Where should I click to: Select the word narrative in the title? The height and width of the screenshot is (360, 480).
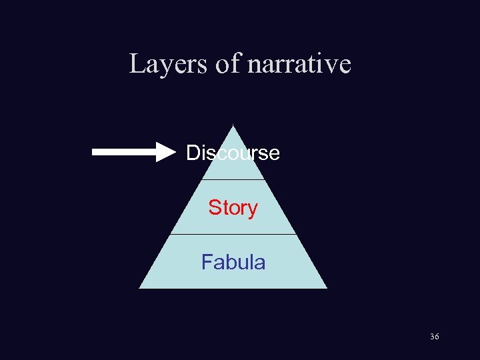[299, 64]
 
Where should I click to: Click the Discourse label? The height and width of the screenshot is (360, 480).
[233, 153]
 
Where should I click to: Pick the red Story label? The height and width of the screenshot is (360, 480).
[233, 208]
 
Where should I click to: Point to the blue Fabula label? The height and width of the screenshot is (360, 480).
[233, 263]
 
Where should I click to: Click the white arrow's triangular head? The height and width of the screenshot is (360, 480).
[165, 152]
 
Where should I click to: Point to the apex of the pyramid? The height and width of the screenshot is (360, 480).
[233, 126]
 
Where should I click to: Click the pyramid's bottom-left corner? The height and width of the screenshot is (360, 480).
[140, 287]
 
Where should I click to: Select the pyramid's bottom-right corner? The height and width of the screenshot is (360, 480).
[326, 287]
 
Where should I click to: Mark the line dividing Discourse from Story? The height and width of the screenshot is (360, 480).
[233, 179]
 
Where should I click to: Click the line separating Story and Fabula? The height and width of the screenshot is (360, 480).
[233, 234]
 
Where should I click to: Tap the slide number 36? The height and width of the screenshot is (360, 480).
[435, 337]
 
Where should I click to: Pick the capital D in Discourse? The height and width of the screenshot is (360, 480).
[193, 153]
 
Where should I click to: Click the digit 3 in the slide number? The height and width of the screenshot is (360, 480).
[432, 337]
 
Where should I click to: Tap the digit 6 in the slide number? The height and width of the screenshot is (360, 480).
[437, 337]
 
